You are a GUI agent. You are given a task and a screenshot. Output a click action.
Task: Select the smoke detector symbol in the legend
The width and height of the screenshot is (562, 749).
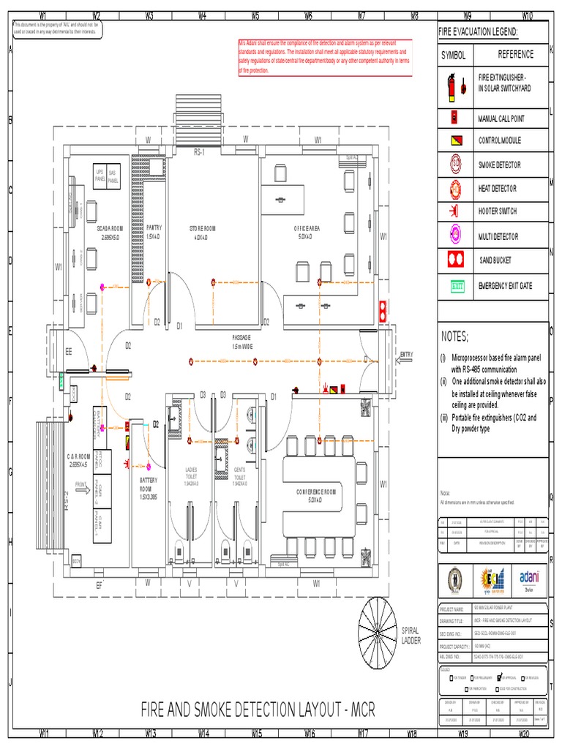(x=455, y=164)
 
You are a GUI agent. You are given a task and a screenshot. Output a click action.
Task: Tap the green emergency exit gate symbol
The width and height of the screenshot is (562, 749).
(x=458, y=286)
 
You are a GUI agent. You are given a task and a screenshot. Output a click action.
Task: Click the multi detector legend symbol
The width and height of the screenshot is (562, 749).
(x=455, y=236)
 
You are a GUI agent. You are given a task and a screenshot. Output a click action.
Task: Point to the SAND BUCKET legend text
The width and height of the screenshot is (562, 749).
(x=495, y=260)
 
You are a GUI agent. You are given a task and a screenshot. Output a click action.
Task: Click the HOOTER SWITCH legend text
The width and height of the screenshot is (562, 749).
(x=497, y=211)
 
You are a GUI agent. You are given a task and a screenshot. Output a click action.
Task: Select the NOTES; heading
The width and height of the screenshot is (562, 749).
(x=454, y=336)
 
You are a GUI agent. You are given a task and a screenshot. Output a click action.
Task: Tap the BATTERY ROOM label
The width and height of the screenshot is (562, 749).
(x=148, y=484)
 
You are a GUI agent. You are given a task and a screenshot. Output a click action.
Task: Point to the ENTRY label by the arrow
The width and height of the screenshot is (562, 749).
(x=407, y=354)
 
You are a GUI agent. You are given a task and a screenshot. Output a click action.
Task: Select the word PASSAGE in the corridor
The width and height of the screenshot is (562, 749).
(x=242, y=337)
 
